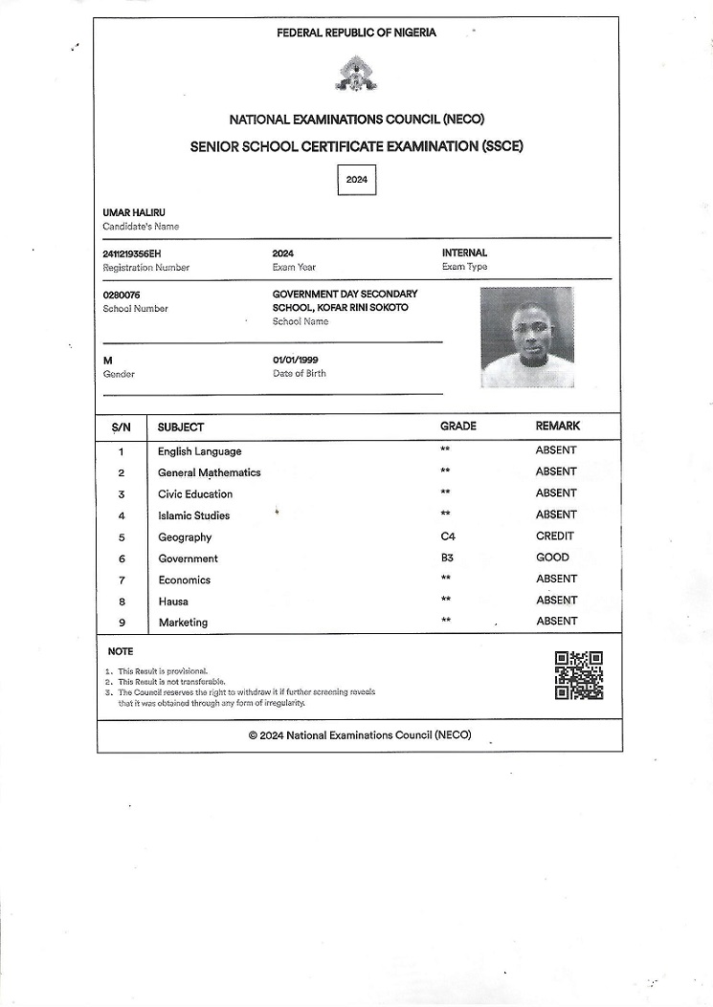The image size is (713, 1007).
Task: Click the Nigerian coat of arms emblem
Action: point(356,74)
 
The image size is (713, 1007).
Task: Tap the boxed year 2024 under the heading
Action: point(357,180)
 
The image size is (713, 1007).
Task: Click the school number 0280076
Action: point(122,296)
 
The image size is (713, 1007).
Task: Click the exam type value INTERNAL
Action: point(464,252)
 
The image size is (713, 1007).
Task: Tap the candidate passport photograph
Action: point(526,337)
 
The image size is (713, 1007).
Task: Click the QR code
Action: point(579,675)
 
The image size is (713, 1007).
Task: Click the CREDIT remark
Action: point(555,536)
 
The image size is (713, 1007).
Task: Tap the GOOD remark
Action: point(552,558)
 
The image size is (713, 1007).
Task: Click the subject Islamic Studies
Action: point(193,515)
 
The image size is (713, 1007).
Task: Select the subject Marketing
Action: point(183,623)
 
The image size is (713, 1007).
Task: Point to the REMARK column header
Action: point(557,426)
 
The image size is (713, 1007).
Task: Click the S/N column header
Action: point(122,427)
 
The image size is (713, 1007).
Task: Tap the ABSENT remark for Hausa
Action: point(556,601)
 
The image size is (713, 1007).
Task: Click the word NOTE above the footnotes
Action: point(121,651)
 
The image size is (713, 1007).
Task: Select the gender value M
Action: point(107,360)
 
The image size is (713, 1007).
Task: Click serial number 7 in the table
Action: point(122,580)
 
